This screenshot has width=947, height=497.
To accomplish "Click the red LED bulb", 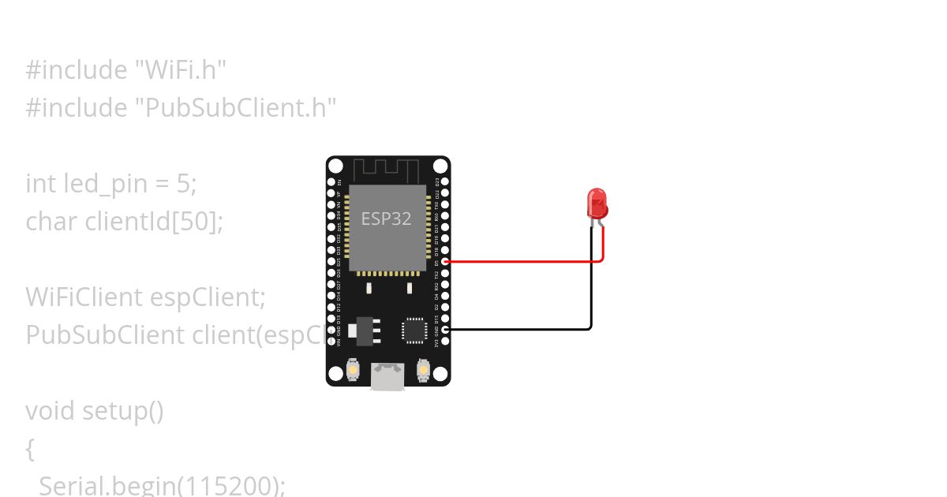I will tap(597, 203).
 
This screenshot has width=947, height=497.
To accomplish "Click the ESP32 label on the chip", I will tap(386, 219).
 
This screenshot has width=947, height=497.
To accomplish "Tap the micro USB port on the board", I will tap(388, 376).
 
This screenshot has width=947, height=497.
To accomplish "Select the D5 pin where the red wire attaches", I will tap(446, 261).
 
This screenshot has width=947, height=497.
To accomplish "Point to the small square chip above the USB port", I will tap(414, 330).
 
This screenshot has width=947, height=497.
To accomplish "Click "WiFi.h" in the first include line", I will tap(185, 70).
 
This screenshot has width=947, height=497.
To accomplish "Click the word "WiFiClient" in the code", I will tap(83, 297).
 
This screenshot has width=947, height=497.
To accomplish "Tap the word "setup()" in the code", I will tap(122, 411).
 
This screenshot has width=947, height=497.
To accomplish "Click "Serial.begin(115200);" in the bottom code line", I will tap(162, 485).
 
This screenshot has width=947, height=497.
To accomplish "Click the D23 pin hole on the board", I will tap(446, 181).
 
